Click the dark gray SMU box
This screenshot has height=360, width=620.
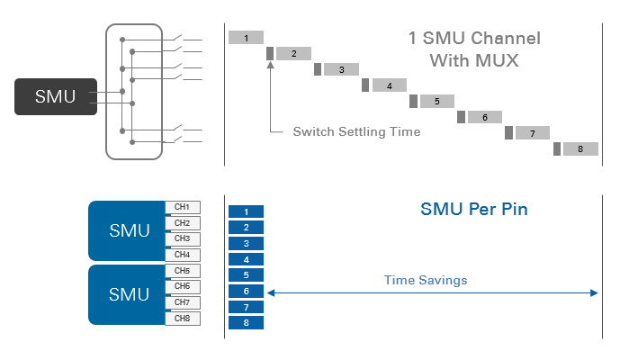[x=56, y=96]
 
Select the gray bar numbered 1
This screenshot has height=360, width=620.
[x=246, y=38]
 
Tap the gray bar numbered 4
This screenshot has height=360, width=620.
[x=388, y=85]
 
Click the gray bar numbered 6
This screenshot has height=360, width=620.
[x=484, y=117]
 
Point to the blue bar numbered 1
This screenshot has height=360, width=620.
[x=246, y=211]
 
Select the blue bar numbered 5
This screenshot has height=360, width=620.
[x=246, y=275]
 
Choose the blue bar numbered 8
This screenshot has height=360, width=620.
[x=246, y=322]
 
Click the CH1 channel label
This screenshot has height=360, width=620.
[x=182, y=208]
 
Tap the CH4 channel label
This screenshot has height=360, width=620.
[x=182, y=255]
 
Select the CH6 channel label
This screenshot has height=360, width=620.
[x=182, y=286]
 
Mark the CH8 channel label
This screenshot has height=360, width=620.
[x=182, y=318]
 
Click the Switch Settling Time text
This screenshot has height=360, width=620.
[x=356, y=131]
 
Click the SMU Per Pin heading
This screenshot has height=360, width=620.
[x=474, y=211]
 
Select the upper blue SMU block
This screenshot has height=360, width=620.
[x=129, y=230]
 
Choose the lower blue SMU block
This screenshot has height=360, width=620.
[x=129, y=293]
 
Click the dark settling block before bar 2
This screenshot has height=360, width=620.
[x=270, y=54]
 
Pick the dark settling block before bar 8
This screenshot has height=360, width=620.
[x=557, y=148]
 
